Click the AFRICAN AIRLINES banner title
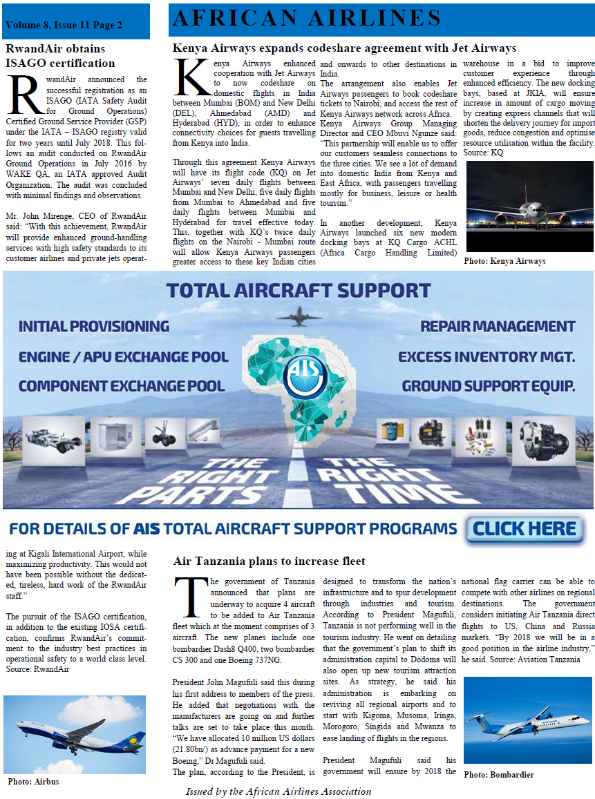pos(307,19)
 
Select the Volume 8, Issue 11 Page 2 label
pos(64,26)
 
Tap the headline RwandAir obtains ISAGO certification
pos(60,56)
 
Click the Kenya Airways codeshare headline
pos(344,48)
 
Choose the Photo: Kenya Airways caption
pos(504,261)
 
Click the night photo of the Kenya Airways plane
pos(529,206)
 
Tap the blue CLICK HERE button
pos(525,529)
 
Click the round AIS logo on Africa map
pos(304,377)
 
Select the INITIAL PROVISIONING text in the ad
pos(93,326)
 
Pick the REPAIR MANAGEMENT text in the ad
pos(498,326)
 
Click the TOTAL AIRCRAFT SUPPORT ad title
pos(299,290)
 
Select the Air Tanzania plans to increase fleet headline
pos(269,561)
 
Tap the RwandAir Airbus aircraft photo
pos(75,734)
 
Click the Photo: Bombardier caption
pos(499,775)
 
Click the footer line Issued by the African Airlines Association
pos(278,791)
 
